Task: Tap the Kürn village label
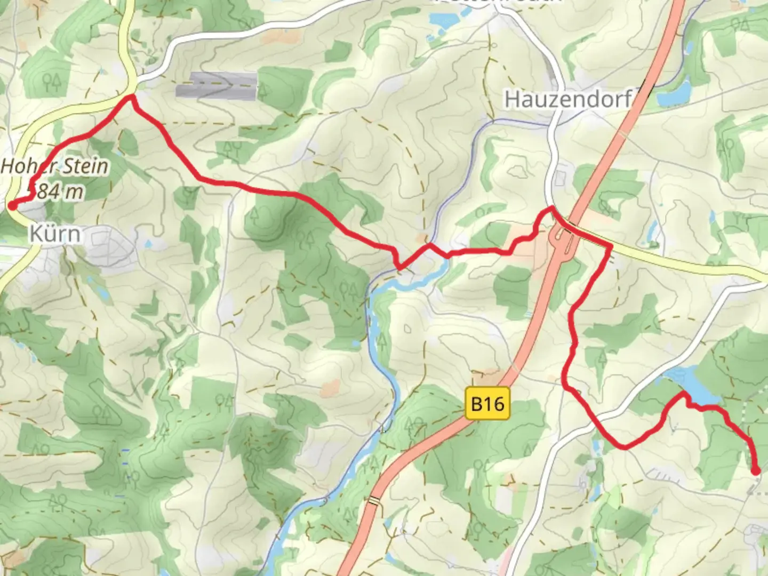pyautogui.click(x=55, y=234)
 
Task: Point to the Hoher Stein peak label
pyautogui.click(x=55, y=166)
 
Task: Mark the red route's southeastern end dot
pyautogui.click(x=756, y=470)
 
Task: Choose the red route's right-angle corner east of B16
pyautogui.click(x=609, y=246)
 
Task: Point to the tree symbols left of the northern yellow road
pyautogui.click(x=52, y=82)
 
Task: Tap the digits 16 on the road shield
pyautogui.click(x=494, y=404)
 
